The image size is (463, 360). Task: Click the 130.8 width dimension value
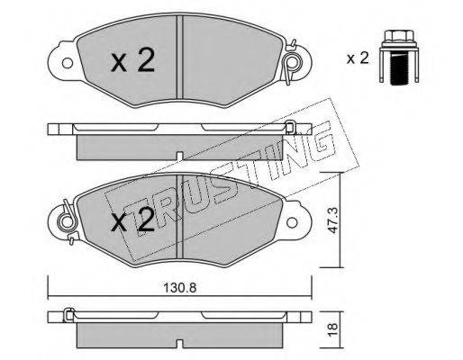point(179,288)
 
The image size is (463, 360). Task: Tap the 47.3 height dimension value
point(332,220)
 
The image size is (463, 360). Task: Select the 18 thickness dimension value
point(332,329)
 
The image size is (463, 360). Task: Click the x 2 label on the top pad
point(132,61)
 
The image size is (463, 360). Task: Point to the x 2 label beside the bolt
point(358,58)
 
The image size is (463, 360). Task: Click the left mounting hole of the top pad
point(68,63)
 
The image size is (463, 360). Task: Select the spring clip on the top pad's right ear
point(291,62)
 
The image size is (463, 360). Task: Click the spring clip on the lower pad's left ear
point(68,222)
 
